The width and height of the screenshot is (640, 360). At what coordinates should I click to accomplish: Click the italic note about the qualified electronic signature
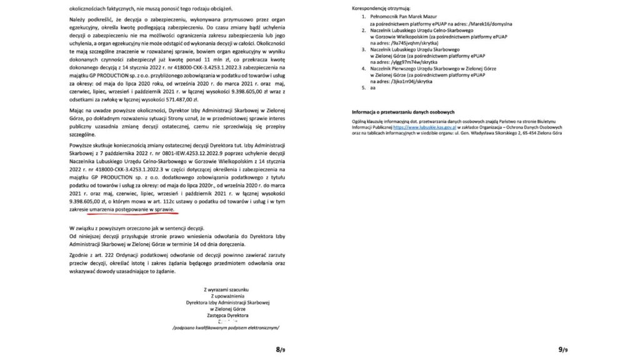click(226, 327)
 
